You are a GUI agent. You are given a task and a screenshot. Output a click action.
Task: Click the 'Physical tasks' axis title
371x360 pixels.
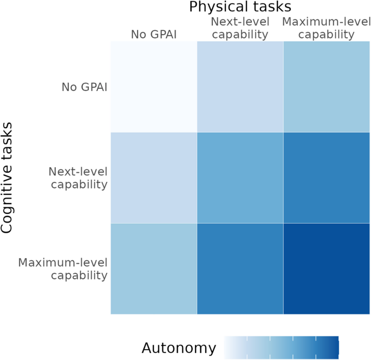tap(240, 7)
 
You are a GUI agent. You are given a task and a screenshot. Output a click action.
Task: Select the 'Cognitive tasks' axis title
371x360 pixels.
tap(8, 178)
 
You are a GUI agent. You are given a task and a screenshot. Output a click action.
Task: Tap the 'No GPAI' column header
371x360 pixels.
tap(154, 35)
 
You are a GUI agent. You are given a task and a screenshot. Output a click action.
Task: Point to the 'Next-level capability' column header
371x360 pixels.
tap(240, 28)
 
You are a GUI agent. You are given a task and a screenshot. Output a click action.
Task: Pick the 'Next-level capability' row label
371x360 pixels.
tap(78, 178)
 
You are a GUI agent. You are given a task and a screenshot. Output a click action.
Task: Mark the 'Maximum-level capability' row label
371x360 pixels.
tap(63, 269)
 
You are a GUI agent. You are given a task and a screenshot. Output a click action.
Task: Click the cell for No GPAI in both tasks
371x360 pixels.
tap(154, 87)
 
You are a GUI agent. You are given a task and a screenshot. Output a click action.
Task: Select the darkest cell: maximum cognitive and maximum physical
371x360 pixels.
tap(326, 269)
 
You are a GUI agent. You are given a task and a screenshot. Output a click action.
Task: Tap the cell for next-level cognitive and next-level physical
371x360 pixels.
tap(240, 178)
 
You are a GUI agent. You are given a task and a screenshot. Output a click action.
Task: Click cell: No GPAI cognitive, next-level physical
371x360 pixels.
tap(240, 87)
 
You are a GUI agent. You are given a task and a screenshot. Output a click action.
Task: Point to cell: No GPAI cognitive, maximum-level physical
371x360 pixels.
tap(326, 87)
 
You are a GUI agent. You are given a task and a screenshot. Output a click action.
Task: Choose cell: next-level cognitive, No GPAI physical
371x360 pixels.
tap(154, 178)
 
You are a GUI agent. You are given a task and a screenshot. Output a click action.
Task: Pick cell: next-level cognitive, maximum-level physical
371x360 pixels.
tap(326, 178)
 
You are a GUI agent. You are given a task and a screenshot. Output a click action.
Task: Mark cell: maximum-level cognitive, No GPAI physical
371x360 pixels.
tap(154, 269)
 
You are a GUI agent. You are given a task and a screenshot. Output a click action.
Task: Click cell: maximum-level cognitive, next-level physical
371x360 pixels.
tap(240, 269)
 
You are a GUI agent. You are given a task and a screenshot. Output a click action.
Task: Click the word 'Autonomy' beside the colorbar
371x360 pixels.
tap(179, 348)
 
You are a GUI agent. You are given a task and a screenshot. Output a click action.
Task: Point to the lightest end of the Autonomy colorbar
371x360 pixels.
tap(227, 346)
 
